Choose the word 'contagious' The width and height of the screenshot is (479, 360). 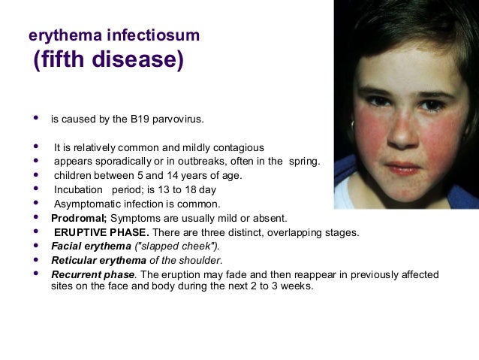click(x=236, y=147)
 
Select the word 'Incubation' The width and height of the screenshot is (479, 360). click(x=78, y=190)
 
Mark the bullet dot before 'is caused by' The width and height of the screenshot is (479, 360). click(x=35, y=119)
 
